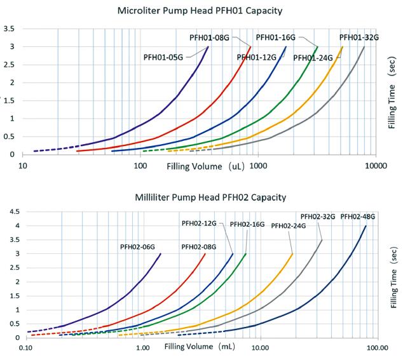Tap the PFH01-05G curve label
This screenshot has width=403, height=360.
pyautogui.click(x=163, y=57)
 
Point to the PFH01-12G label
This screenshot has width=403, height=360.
pyautogui.click(x=257, y=57)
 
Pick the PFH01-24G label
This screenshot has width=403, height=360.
pyautogui.click(x=313, y=58)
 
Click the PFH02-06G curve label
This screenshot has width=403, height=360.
pyautogui.click(x=138, y=246)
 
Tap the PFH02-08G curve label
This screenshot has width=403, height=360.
pyautogui.click(x=199, y=246)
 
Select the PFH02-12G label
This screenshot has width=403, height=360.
pyautogui.click(x=199, y=223)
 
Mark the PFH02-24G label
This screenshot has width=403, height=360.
pyautogui.click(x=289, y=225)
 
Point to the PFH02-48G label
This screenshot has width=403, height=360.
pyautogui.click(x=359, y=217)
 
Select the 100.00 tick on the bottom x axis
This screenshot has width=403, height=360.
pyautogui.click(x=376, y=348)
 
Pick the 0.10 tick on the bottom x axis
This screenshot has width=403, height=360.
pyautogui.click(x=26, y=348)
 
